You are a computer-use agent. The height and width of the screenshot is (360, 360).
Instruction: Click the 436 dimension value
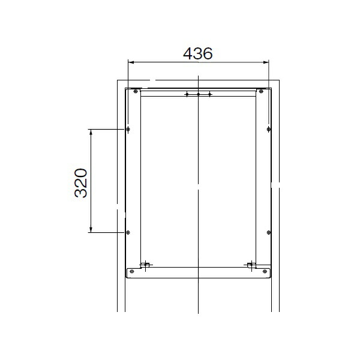197,53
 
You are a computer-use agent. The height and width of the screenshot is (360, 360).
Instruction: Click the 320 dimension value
81,183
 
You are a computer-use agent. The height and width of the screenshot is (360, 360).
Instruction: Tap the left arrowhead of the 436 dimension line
131,62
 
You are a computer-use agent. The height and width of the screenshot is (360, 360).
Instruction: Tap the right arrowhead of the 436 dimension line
266,62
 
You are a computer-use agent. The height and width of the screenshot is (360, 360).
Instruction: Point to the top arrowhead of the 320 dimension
91,132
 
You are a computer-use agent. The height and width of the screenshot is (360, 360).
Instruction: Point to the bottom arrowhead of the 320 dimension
91,230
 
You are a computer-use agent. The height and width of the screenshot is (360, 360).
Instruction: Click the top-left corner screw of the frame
136,91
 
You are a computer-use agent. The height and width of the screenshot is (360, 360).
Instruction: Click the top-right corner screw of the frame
261,91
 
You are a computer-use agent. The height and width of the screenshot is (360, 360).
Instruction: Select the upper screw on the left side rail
128,129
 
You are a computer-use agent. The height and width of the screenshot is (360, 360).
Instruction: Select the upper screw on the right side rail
269,129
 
